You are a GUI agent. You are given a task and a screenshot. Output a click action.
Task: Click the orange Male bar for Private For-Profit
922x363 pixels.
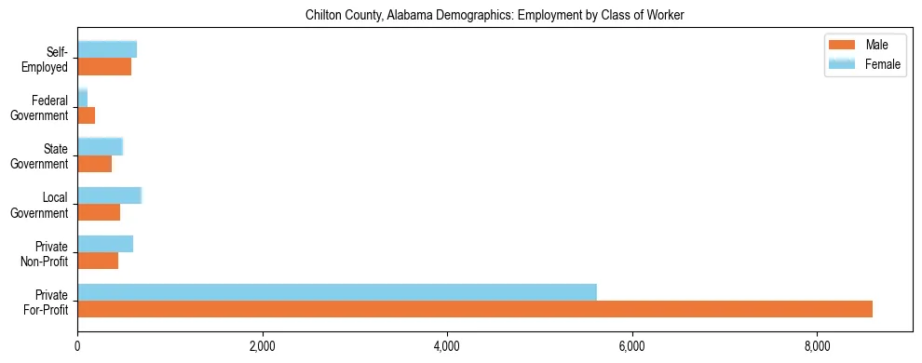coord(475,309)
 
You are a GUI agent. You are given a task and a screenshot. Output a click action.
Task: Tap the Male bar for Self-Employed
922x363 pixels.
coord(104,67)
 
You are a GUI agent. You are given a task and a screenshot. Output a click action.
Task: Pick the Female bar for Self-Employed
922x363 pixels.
coord(107,49)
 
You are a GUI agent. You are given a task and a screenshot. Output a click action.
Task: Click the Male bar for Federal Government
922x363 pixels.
coord(87,115)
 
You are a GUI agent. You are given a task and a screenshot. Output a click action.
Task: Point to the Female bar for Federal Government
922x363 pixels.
coord(83,98)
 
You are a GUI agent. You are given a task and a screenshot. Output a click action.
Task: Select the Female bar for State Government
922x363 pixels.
coord(101,146)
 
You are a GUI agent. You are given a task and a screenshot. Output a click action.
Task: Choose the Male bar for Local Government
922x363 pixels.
coord(99,212)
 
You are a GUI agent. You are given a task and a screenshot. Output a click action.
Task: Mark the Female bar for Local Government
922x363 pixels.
coord(110,195)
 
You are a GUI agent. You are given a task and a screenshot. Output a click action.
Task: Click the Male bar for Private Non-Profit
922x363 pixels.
coord(98,261)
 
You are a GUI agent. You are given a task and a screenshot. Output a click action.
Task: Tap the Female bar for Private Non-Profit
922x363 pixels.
coord(105,244)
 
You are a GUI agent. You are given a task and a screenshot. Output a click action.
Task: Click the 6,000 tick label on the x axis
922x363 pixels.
coord(632,346)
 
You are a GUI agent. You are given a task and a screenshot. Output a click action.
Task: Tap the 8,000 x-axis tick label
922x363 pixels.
coord(817,346)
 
